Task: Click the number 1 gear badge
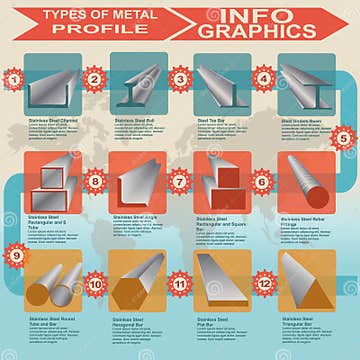pos(13,78)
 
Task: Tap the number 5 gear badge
pos(344,139)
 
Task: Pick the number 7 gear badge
pos(180,182)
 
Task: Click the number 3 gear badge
pos(180,78)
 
